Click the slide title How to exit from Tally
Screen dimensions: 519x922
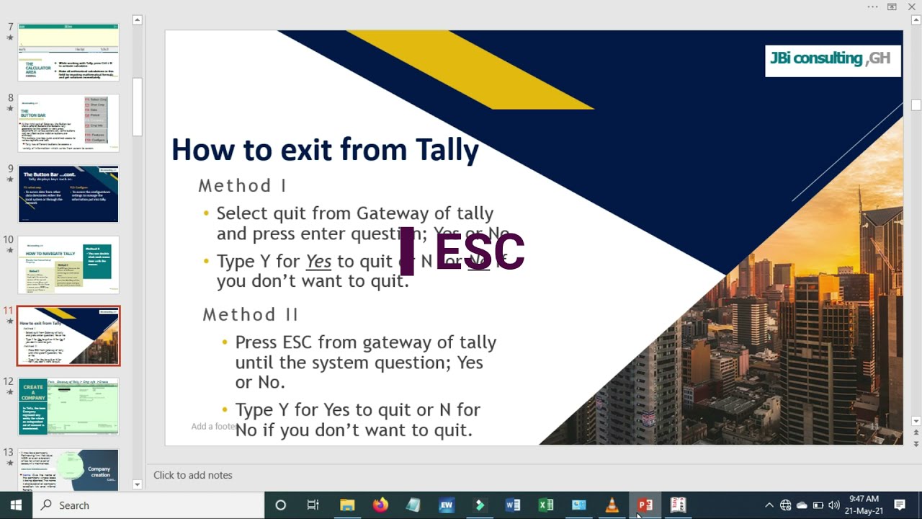coord(325,150)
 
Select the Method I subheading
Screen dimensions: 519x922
coord(242,186)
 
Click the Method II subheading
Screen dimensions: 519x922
coord(250,315)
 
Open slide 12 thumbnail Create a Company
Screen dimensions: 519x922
coord(68,407)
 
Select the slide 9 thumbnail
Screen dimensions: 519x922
coord(68,195)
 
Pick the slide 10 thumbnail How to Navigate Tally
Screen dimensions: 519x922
coord(68,265)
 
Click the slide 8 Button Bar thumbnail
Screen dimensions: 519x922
coord(68,123)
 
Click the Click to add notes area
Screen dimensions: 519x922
coord(193,475)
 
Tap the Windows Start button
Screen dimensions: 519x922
coord(15,505)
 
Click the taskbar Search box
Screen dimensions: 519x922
coord(144,505)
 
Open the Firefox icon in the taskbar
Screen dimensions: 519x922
coord(380,505)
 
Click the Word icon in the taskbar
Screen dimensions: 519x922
coord(512,505)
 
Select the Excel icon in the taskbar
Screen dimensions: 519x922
coord(545,505)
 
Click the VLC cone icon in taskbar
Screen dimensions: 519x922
coord(612,505)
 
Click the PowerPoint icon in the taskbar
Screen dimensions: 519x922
coord(645,505)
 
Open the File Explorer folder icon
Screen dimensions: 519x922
coord(347,505)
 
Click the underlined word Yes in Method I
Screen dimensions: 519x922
coord(318,262)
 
